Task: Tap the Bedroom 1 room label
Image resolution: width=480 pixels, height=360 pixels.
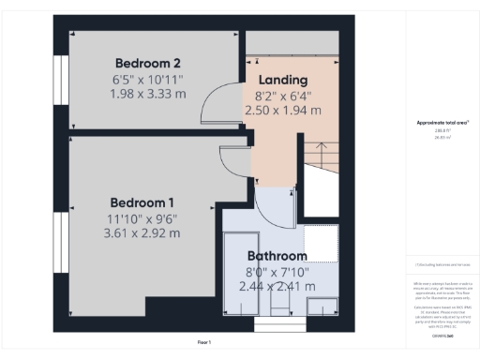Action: tap(142, 202)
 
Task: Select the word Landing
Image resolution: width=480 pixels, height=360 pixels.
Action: tap(281, 80)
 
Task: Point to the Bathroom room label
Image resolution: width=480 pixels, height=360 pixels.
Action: tap(277, 256)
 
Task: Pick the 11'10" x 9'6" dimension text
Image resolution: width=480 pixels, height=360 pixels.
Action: tap(142, 218)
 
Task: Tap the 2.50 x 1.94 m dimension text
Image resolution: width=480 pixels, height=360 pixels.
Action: tap(281, 110)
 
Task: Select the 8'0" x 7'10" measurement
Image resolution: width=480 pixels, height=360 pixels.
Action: tap(277, 271)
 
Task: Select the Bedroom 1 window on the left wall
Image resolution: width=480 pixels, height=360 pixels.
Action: tap(60, 240)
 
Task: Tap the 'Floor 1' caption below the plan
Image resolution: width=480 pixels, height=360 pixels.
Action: tap(204, 342)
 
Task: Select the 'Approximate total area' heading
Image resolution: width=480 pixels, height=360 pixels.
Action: tap(442, 123)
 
